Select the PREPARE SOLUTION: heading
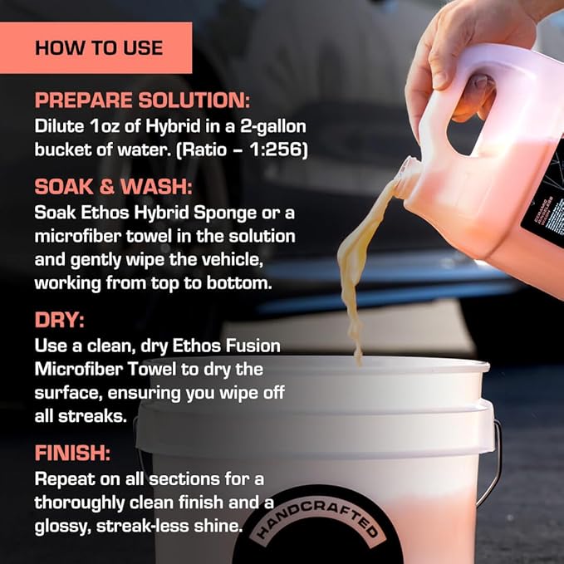tap(142, 101)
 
